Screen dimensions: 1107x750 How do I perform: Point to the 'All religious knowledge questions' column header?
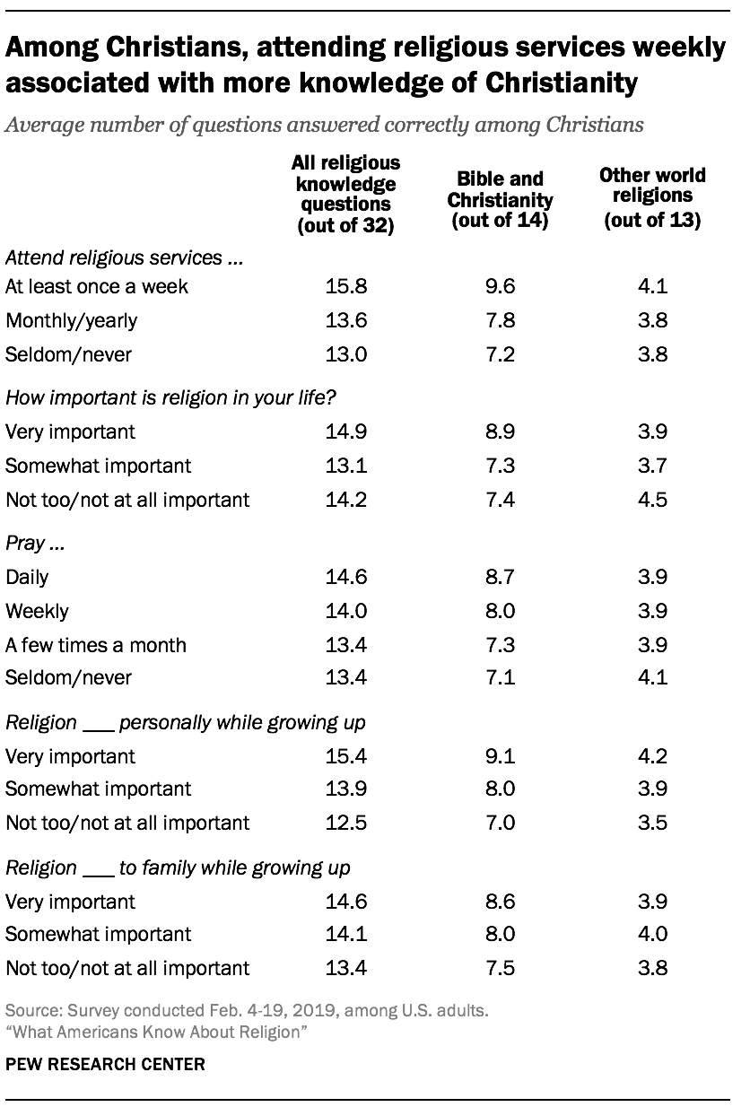point(345,194)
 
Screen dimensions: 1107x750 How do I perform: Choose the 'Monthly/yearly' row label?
point(72,321)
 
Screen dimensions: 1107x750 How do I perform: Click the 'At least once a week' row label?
point(97,287)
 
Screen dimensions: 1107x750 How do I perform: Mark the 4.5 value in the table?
point(652,500)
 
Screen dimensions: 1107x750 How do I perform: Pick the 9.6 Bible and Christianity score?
point(500,287)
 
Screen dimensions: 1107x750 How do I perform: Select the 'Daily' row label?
point(27,578)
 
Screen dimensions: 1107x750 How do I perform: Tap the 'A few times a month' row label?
point(96,645)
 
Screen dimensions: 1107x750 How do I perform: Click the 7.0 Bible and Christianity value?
point(500,823)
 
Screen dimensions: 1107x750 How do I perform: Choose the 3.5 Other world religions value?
point(652,823)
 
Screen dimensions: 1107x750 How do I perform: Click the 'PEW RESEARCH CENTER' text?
point(105,1065)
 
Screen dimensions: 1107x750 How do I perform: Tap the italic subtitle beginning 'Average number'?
point(324,125)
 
